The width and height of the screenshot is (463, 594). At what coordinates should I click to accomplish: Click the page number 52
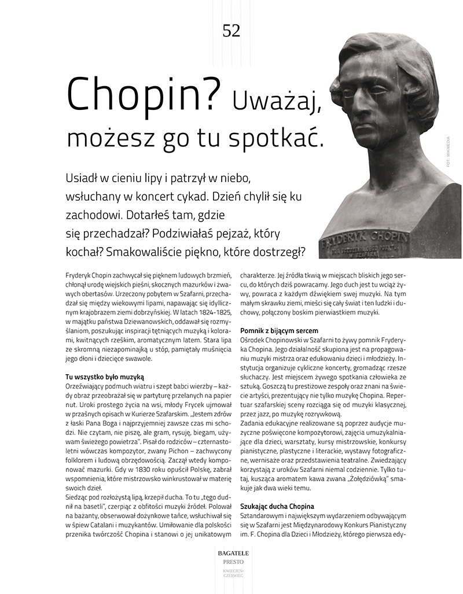231,31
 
